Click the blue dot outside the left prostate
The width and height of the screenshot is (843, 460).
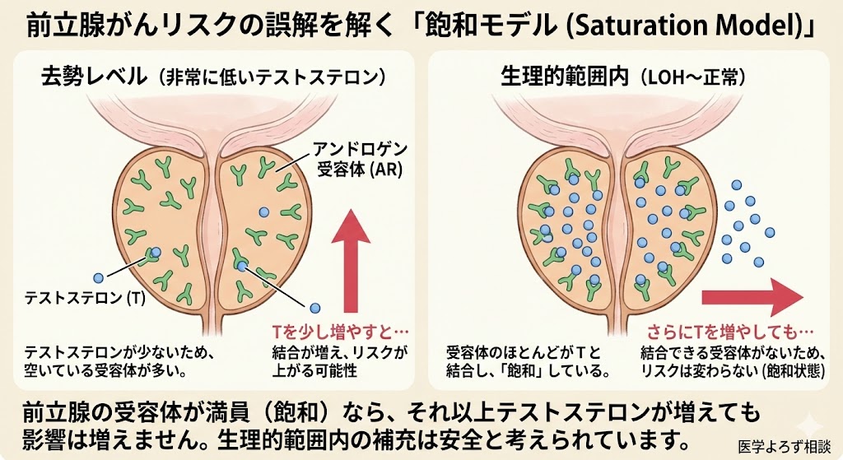[x=99, y=279]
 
